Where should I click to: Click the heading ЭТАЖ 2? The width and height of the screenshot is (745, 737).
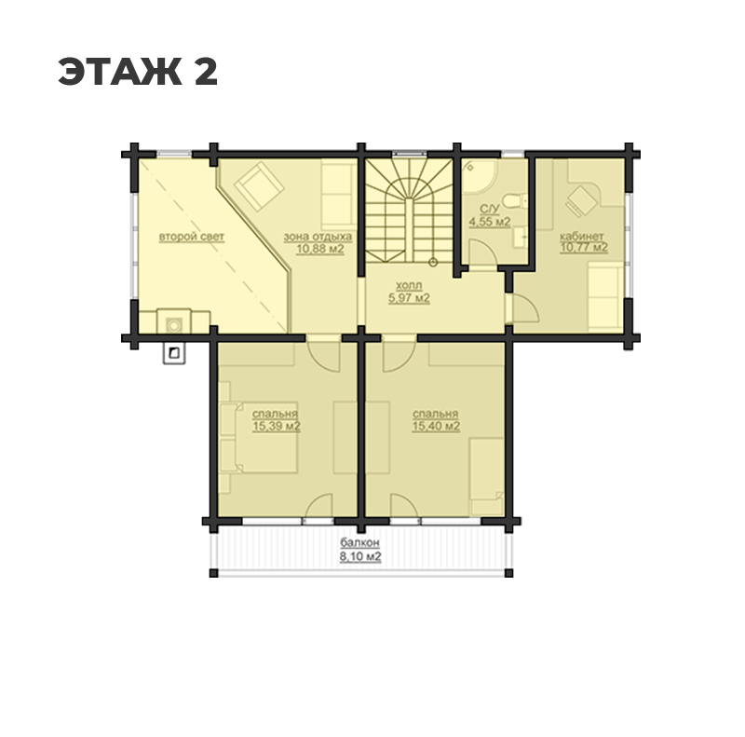tap(138, 72)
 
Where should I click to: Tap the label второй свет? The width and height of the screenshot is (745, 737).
tap(192, 237)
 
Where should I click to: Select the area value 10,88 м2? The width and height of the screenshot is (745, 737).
tap(320, 248)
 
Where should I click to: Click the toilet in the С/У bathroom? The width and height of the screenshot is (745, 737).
tap(516, 201)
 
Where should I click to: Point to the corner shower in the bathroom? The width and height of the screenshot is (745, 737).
tap(479, 176)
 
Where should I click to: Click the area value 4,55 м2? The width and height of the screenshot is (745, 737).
tap(490, 222)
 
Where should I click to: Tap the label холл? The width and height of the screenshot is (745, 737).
tap(409, 286)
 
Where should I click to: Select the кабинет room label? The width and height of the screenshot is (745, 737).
tap(581, 237)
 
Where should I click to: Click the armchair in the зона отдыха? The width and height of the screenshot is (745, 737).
tap(259, 185)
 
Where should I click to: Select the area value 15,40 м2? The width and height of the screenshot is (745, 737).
tap(436, 426)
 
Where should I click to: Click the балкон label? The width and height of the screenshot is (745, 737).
tap(359, 542)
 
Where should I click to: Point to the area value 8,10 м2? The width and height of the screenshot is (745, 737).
tap(360, 556)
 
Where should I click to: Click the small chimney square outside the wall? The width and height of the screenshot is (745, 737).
tap(174, 353)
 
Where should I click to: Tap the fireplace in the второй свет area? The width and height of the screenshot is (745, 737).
tap(174, 321)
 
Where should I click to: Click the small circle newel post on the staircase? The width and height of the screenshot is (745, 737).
tap(433, 262)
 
